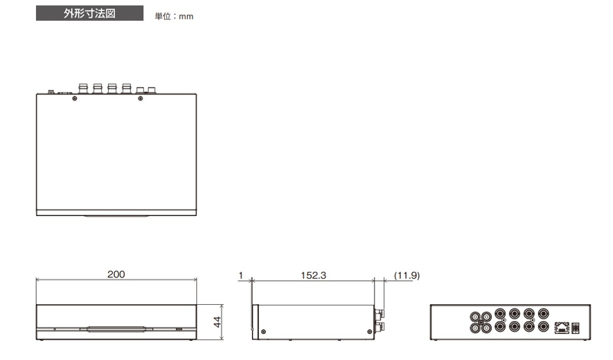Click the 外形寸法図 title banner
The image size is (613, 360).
point(90,13)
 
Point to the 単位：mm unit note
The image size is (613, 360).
point(174,16)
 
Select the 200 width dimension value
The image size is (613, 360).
point(116,274)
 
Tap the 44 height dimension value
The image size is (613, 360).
point(218,322)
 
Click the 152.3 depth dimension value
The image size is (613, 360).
point(313,275)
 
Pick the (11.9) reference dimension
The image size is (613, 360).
point(407,275)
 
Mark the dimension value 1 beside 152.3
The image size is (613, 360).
point(241,275)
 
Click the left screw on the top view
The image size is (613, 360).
point(74,99)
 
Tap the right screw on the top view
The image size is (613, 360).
point(140,99)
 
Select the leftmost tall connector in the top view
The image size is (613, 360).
point(84,88)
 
